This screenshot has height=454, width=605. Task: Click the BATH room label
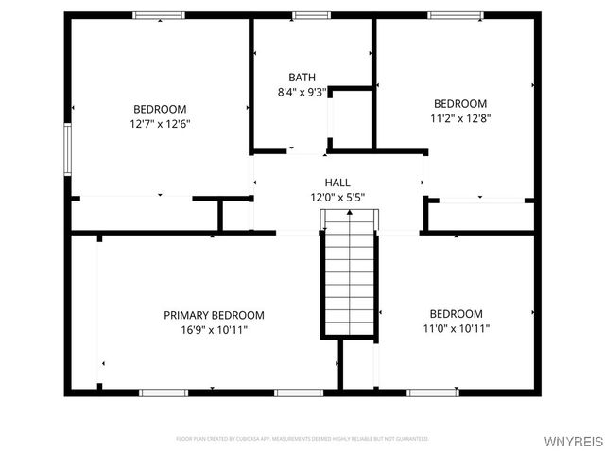[302, 78]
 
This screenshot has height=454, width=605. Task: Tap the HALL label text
[337, 183]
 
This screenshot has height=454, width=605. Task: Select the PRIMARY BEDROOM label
[214, 315]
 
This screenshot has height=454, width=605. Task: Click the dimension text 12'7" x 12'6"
[160, 123]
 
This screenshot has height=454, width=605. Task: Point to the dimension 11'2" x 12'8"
[460, 118]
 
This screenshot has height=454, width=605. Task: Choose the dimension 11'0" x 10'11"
[456, 328]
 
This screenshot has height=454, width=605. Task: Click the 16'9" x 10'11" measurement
[214, 329]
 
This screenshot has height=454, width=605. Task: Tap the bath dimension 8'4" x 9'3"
[302, 92]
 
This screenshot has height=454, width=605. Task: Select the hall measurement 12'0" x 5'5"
[337, 197]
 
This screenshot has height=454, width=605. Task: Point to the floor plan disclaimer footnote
[302, 439]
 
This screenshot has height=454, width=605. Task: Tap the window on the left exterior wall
[67, 148]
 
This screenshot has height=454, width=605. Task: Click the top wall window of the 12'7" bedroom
[159, 15]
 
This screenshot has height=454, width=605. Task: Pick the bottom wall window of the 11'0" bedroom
[433, 392]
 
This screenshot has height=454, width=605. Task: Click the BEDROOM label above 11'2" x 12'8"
[460, 104]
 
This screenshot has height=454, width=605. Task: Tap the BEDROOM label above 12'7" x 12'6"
[160, 109]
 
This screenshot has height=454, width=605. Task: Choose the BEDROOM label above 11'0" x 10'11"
[456, 314]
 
